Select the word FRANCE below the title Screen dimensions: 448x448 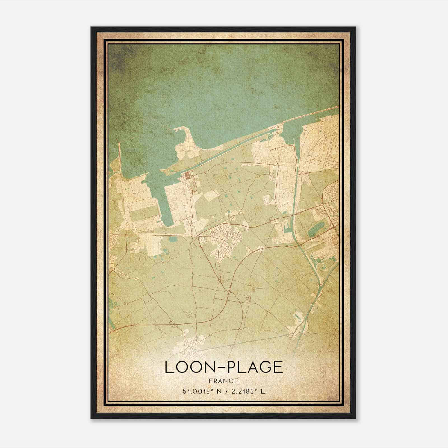[224, 381]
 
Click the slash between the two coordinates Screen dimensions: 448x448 [224, 391]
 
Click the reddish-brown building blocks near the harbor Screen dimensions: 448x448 [187, 176]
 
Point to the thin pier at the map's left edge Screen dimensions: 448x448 [120, 157]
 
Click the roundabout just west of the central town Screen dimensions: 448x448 [198, 237]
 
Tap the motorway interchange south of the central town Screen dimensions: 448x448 [229, 292]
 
